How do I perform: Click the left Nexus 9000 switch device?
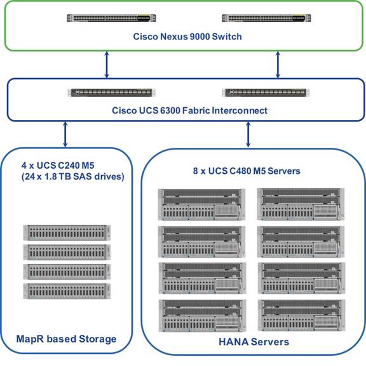click(x=111, y=18)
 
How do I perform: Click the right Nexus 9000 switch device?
click(x=266, y=18)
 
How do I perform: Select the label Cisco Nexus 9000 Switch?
click(x=187, y=37)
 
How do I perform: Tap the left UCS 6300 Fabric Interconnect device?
click(x=111, y=93)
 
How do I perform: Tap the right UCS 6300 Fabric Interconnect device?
click(x=266, y=93)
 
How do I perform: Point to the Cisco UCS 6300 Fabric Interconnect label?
click(x=189, y=110)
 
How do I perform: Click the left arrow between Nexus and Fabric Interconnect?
click(x=107, y=65)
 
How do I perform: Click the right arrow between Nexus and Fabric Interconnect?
click(x=278, y=65)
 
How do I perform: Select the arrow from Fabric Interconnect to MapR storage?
click(x=65, y=134)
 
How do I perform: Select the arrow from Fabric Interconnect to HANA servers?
click(x=248, y=134)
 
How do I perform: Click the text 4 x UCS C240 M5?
click(x=58, y=166)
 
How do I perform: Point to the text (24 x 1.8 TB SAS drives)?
click(x=72, y=177)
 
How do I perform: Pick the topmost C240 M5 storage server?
click(x=67, y=233)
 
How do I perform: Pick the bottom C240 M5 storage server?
click(x=67, y=291)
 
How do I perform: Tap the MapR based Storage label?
click(x=67, y=339)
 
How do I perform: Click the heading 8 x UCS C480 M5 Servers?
click(x=247, y=171)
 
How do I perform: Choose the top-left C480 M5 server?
click(x=201, y=204)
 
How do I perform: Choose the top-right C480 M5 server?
click(x=301, y=204)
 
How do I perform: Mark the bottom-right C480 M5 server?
click(x=302, y=315)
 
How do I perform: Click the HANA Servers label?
click(x=254, y=342)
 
